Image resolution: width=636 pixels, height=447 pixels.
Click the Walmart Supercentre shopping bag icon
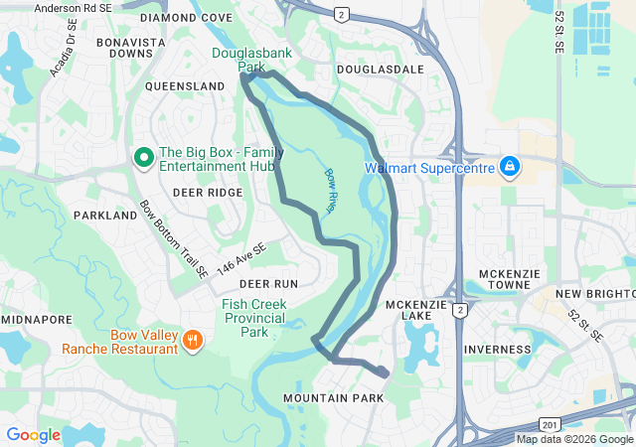tap(509, 166)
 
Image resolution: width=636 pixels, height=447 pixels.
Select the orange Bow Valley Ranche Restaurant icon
tap(193, 341)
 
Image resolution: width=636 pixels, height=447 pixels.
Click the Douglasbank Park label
tap(240, 60)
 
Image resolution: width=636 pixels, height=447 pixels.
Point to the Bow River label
tap(331, 189)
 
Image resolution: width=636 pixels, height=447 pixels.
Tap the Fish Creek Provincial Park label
tap(254, 318)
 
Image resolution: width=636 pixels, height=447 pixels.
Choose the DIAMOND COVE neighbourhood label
tap(187, 18)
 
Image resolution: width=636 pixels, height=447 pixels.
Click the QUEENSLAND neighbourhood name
tap(185, 86)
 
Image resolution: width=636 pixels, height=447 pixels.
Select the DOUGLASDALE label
tap(380, 69)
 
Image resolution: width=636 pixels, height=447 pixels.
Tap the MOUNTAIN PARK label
tap(333, 397)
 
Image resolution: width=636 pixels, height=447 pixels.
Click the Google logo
tap(33, 434)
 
